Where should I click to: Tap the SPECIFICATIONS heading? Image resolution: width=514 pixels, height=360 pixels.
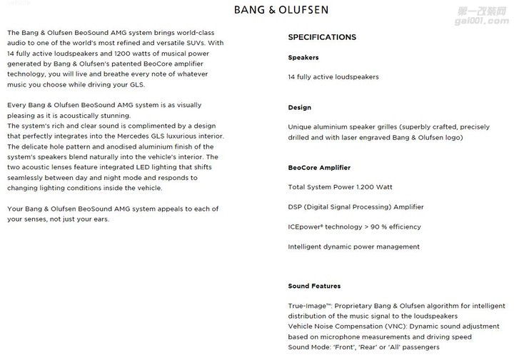coord(321,37)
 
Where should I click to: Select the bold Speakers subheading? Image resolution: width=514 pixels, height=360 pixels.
coord(303,57)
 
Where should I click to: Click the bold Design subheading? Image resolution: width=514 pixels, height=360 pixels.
coord(299,107)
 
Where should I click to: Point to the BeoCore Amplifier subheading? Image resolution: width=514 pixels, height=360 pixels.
coord(319,168)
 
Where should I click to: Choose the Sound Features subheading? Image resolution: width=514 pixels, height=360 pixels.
coord(314,286)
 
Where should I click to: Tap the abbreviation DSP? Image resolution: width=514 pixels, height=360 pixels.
coord(296,207)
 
